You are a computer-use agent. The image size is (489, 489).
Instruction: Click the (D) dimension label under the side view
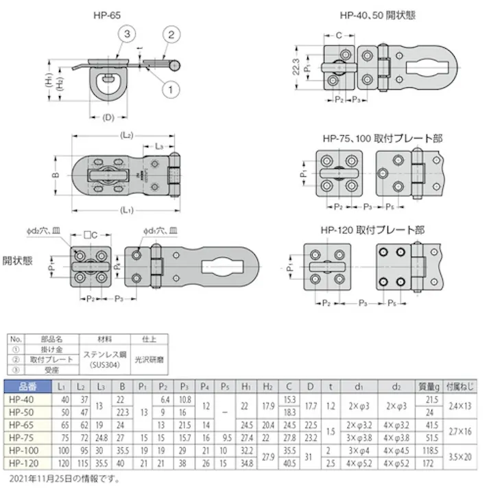(108, 117)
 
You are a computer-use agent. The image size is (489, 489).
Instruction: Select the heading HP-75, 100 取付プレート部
(382, 138)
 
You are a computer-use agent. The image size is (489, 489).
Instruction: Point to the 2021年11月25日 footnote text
(55, 478)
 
